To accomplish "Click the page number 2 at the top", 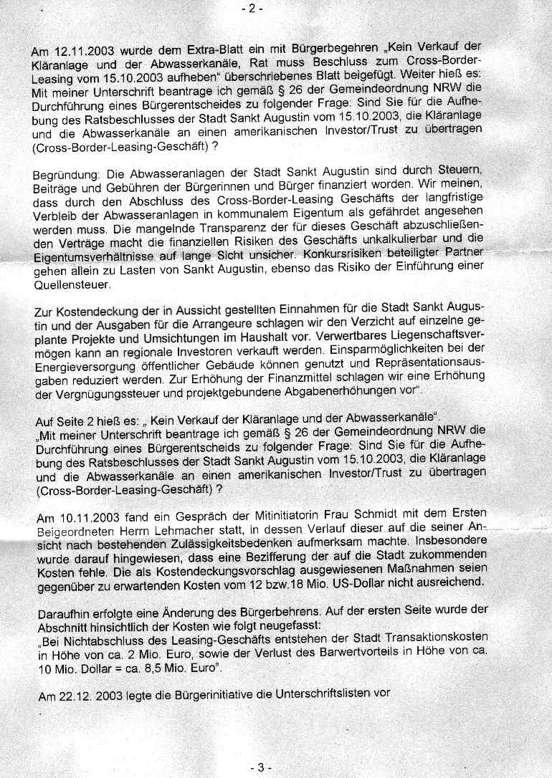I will coord(254,9).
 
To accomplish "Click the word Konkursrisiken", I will coord(325,256).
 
